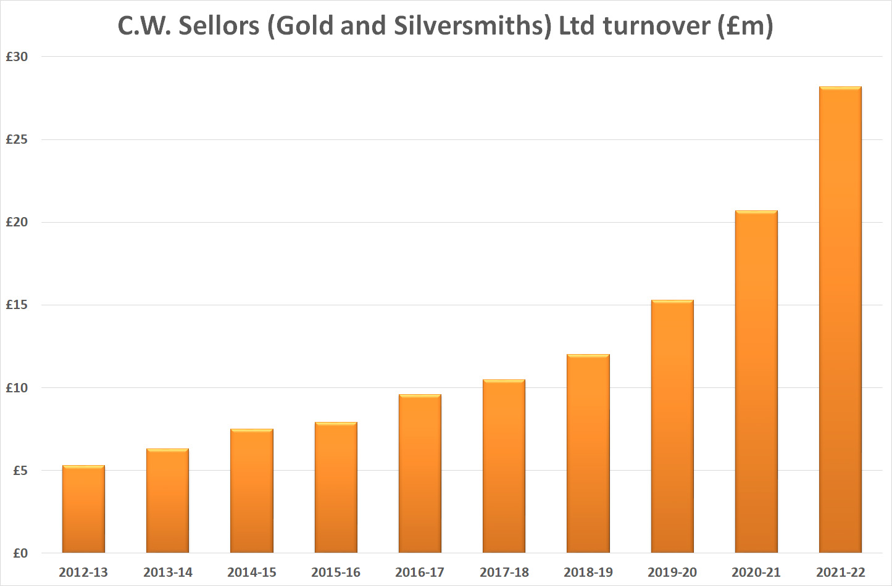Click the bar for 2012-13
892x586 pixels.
(x=83, y=509)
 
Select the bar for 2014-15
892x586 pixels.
(x=252, y=491)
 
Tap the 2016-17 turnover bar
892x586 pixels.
(x=420, y=474)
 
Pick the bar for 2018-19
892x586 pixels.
(x=588, y=453)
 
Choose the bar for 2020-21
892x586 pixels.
(x=756, y=382)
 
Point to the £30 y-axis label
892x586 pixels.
(x=17, y=57)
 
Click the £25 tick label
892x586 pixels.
(x=17, y=139)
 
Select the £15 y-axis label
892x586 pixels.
(x=17, y=305)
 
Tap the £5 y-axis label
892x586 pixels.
(x=20, y=471)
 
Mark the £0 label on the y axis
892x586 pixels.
(x=20, y=553)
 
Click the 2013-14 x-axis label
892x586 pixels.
(x=168, y=572)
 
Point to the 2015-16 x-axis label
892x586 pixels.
(x=336, y=572)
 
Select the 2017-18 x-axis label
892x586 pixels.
(x=504, y=572)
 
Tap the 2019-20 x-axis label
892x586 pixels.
(x=672, y=572)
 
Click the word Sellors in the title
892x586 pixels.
(x=219, y=26)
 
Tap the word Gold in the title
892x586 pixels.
(x=301, y=26)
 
